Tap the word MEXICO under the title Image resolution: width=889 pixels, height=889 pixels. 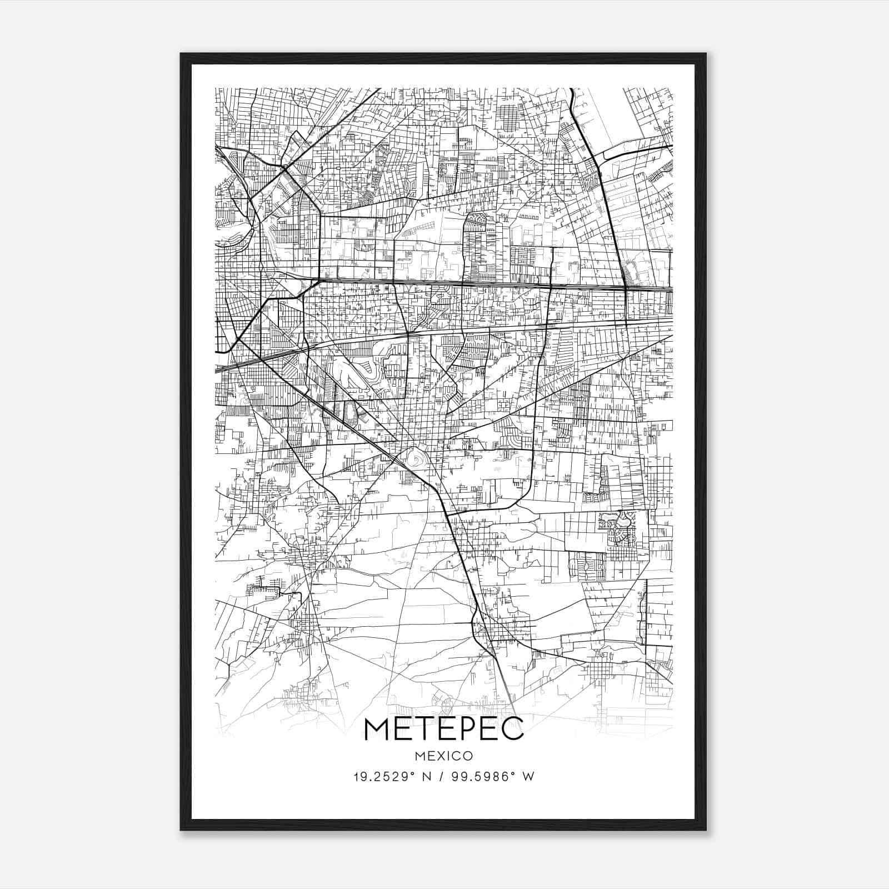(443, 756)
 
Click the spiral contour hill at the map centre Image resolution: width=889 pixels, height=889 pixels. (414, 460)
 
